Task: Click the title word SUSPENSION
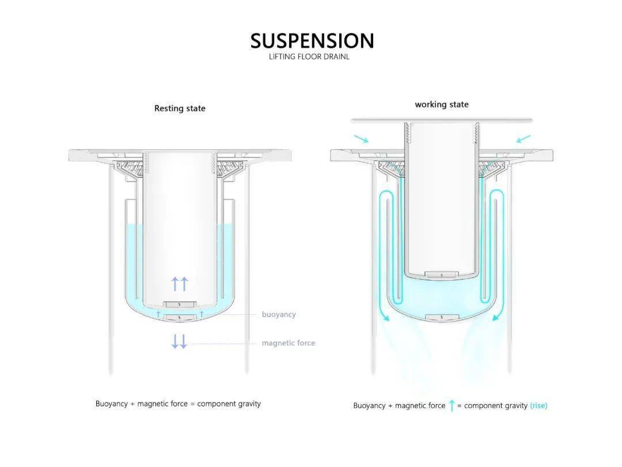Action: click(x=312, y=41)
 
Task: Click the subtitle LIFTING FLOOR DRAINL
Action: click(x=309, y=57)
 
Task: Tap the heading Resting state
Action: click(x=180, y=108)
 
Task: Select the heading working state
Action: click(x=442, y=104)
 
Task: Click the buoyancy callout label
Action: click(x=279, y=314)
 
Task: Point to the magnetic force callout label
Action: click(x=289, y=343)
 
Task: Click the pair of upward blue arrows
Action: click(x=180, y=283)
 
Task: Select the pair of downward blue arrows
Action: click(x=179, y=341)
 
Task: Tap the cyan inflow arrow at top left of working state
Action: click(x=361, y=138)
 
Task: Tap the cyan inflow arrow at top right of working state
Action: click(x=524, y=138)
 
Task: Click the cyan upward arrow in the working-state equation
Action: click(x=452, y=405)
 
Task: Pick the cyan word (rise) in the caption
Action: click(x=538, y=405)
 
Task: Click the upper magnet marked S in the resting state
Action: click(x=180, y=304)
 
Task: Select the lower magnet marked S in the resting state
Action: click(x=180, y=317)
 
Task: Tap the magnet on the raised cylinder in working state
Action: click(x=442, y=274)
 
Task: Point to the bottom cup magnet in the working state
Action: click(x=442, y=317)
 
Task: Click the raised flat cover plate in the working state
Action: click(x=442, y=120)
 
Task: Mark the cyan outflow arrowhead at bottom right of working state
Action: click(x=496, y=317)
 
